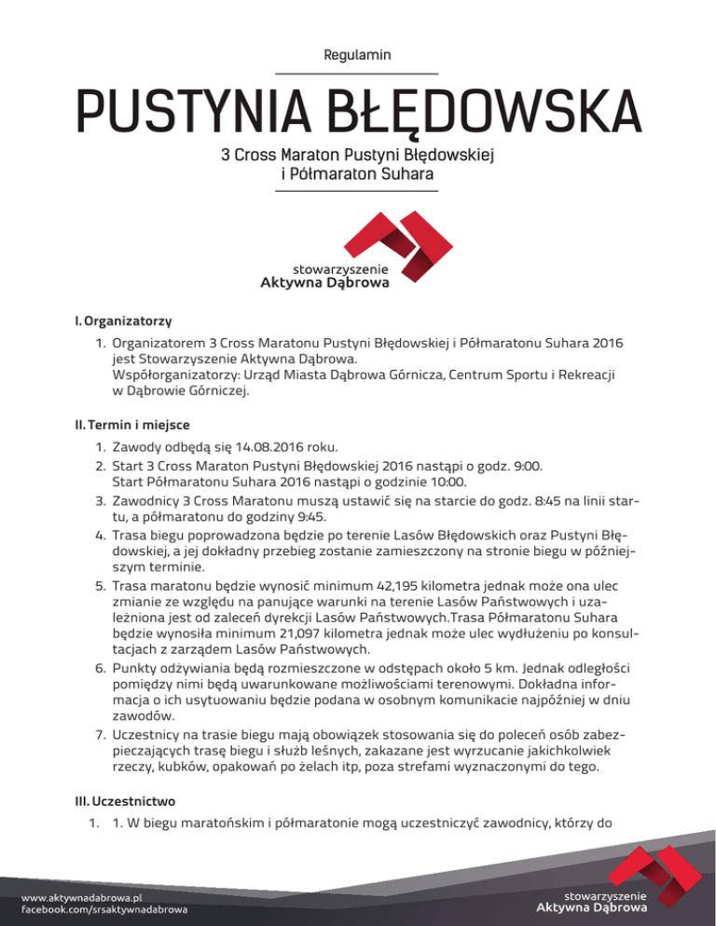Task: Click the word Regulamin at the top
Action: (357, 56)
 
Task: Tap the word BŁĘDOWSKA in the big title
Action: (466, 115)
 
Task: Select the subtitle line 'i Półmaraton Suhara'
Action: (357, 173)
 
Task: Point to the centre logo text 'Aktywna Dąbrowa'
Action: (324, 284)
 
